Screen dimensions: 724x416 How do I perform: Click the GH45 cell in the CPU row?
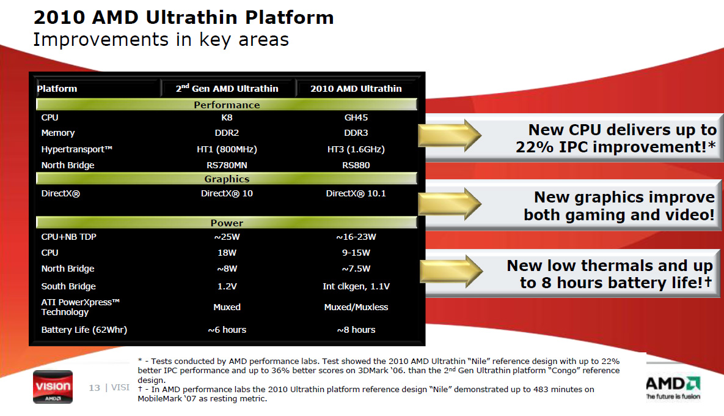click(356, 117)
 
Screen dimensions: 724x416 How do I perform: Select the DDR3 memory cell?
click(356, 133)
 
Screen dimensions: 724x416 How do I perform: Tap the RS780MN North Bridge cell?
click(227, 165)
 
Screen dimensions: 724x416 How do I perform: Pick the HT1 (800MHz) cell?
click(227, 149)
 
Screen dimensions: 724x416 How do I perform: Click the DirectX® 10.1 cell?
click(356, 193)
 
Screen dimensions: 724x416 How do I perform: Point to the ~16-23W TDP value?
click(356, 237)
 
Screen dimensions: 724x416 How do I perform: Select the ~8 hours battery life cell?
click(356, 330)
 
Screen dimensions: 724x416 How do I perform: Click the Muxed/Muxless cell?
click(356, 307)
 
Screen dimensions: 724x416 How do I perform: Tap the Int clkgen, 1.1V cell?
click(356, 286)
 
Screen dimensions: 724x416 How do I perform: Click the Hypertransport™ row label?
click(76, 149)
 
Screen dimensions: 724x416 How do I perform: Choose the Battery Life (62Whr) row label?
click(84, 330)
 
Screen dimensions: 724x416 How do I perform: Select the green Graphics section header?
click(227, 179)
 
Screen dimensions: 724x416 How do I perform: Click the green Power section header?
click(227, 222)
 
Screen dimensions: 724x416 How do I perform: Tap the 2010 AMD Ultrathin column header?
click(356, 88)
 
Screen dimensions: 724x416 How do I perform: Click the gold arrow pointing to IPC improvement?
click(449, 135)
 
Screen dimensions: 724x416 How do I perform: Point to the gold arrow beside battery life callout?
click(451, 272)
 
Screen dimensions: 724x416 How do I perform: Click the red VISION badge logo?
click(53, 387)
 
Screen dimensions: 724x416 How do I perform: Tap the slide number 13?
click(94, 388)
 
